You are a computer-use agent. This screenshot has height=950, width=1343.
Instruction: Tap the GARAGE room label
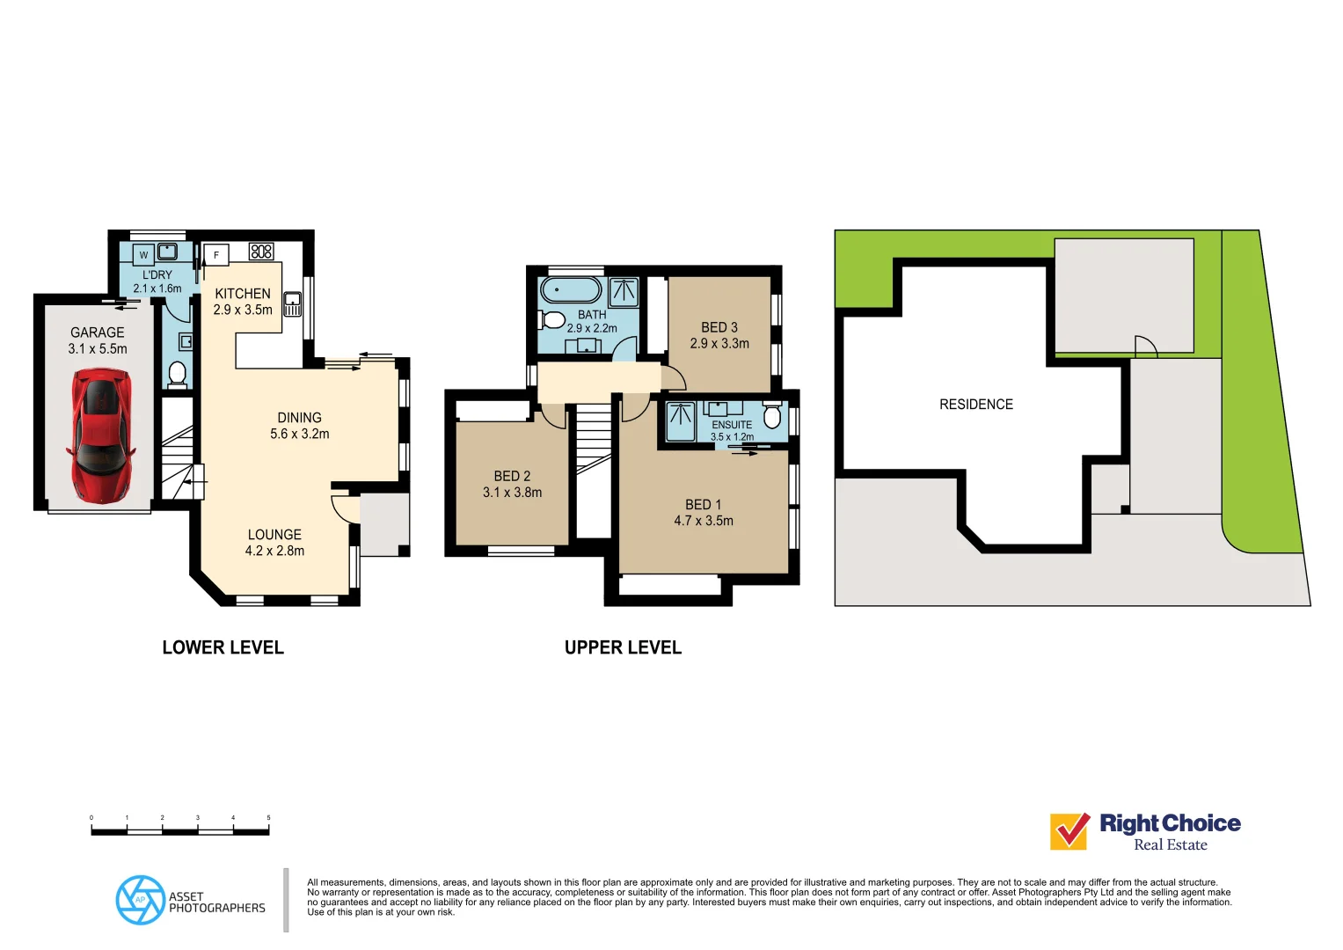click(98, 332)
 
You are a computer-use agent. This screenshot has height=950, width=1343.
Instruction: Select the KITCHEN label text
click(243, 294)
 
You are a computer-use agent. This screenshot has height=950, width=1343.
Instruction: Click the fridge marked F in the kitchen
click(216, 255)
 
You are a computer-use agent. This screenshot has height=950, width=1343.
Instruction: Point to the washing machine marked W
click(143, 255)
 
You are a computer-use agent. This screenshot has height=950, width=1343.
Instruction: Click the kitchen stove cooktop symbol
click(261, 252)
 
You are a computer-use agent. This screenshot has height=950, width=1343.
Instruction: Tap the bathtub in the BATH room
click(571, 289)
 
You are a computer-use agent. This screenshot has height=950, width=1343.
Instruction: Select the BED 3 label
click(719, 327)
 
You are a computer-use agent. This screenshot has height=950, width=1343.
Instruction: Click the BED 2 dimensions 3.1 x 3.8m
click(512, 493)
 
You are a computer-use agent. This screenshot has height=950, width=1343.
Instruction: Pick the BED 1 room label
click(703, 505)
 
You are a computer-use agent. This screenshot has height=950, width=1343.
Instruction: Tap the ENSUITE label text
click(732, 425)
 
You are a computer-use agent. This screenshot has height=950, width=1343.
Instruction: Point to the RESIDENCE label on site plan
click(976, 405)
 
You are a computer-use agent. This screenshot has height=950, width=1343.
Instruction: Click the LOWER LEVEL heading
click(223, 647)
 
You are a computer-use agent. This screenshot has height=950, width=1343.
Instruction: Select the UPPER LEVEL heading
click(623, 647)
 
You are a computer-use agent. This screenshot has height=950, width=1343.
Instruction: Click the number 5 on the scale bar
click(268, 818)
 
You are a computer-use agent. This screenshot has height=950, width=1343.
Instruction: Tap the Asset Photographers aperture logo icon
click(140, 900)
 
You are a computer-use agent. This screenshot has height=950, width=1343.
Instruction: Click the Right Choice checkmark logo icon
click(1070, 830)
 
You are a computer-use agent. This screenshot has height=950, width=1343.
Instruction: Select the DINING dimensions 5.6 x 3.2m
click(300, 434)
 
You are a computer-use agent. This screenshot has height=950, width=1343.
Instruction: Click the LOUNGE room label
click(274, 535)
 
